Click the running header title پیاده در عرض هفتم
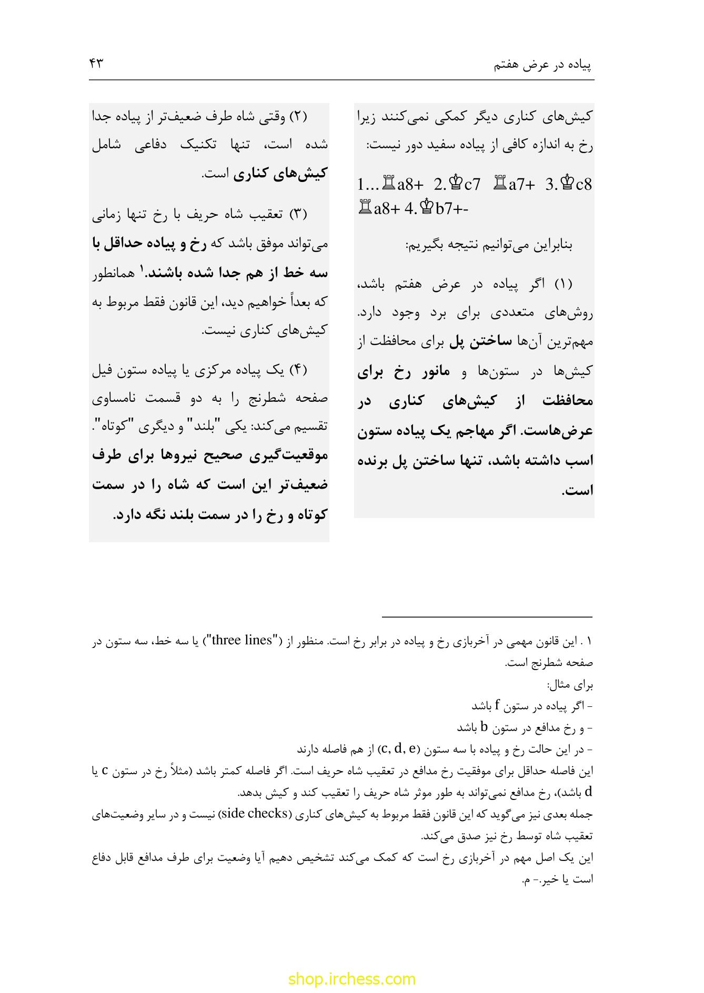point(543,65)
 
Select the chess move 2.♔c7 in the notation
point(457,185)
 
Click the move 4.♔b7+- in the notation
point(436,209)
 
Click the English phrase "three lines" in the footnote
point(242,641)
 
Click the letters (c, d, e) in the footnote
point(398,748)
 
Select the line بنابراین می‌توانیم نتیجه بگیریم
point(489,245)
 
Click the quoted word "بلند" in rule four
point(230,427)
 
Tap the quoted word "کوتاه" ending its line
point(111,427)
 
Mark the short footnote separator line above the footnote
point(487,617)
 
